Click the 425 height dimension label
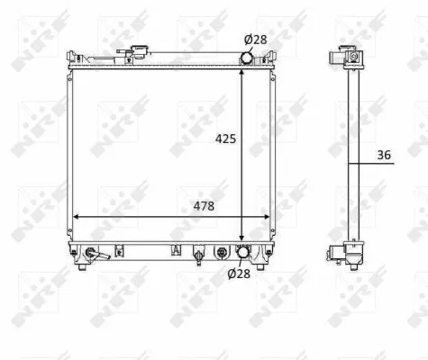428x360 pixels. point(225,139)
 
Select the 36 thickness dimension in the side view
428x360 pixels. point(384,155)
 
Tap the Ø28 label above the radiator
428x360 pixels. point(255,39)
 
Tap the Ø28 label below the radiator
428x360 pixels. point(238,274)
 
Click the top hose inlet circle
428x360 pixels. point(247,58)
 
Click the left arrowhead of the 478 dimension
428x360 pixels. point(76,217)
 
